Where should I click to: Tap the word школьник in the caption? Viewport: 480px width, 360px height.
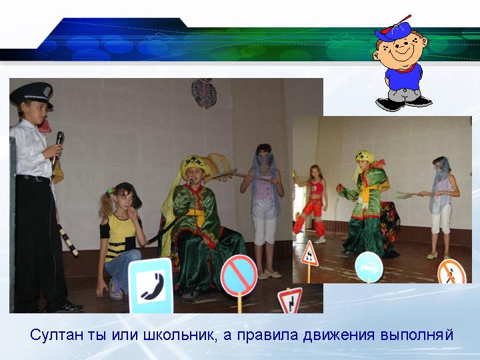[x=179, y=335]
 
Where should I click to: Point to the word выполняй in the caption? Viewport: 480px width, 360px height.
[x=417, y=335]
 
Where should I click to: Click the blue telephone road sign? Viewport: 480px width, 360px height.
[x=151, y=285]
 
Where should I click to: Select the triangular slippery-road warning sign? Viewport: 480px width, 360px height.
[x=310, y=254]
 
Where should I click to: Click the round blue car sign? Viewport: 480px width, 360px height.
[x=369, y=267]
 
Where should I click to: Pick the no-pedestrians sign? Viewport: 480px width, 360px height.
[x=452, y=272]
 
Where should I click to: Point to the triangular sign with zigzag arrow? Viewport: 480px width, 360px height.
[x=289, y=301]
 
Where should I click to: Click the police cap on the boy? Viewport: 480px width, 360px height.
[x=31, y=94]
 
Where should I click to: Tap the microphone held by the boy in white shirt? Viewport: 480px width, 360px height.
[x=58, y=145]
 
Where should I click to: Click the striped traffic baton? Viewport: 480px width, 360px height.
[x=68, y=239]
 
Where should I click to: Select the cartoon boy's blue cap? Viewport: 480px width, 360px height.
[x=393, y=31]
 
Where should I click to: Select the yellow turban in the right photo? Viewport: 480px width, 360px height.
[x=365, y=157]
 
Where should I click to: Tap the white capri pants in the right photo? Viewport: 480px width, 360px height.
[x=441, y=218]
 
